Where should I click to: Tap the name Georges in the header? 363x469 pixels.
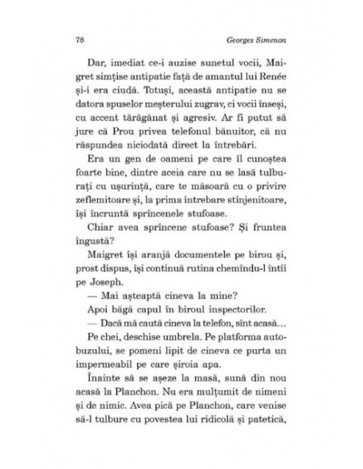click(243, 38)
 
